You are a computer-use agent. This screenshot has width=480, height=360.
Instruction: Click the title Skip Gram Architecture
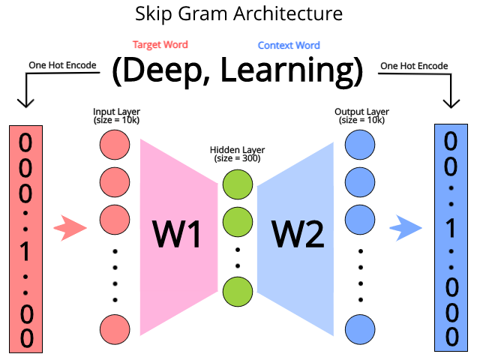click(x=238, y=14)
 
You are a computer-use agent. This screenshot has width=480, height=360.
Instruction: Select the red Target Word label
click(x=160, y=45)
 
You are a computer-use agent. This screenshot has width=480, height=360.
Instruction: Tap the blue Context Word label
click(x=289, y=45)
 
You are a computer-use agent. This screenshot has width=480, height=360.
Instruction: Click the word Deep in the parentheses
click(x=163, y=71)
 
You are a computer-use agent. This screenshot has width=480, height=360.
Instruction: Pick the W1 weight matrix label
click(x=177, y=234)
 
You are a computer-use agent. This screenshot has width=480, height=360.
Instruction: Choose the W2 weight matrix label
click(x=298, y=234)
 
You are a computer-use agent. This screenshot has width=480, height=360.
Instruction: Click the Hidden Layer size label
click(x=237, y=154)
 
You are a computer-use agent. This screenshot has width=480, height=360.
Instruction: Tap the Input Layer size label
click(x=116, y=115)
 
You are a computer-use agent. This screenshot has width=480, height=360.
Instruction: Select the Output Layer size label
click(x=361, y=115)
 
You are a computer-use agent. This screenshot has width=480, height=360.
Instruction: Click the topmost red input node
click(x=115, y=145)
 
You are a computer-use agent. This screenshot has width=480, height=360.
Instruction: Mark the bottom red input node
click(x=115, y=329)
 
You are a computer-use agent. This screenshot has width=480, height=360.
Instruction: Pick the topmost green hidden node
click(x=238, y=184)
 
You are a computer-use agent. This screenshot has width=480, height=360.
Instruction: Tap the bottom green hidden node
click(x=238, y=292)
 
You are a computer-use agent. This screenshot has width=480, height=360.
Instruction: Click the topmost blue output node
click(x=360, y=145)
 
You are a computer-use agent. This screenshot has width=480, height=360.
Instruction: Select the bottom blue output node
click(x=360, y=329)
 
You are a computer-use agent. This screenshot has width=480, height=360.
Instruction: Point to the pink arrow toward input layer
click(x=70, y=228)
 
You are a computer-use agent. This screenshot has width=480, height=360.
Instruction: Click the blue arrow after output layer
click(x=406, y=228)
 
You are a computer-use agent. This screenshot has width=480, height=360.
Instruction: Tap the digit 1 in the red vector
click(x=25, y=251)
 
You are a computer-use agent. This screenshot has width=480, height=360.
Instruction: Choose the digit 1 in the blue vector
click(x=451, y=228)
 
